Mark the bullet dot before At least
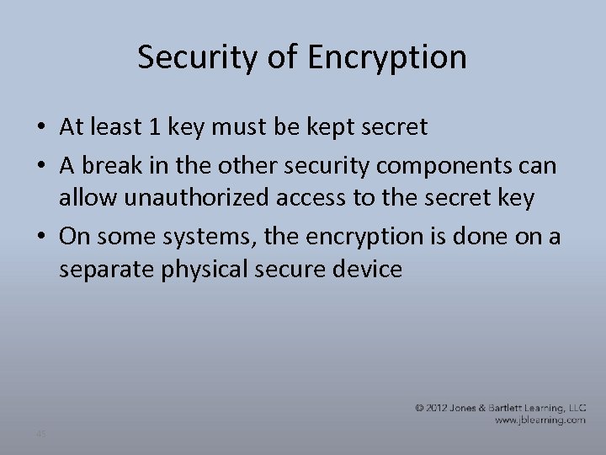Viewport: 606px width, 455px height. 41,128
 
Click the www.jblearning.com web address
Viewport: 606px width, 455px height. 540,419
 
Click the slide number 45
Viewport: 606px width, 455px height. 41,433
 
